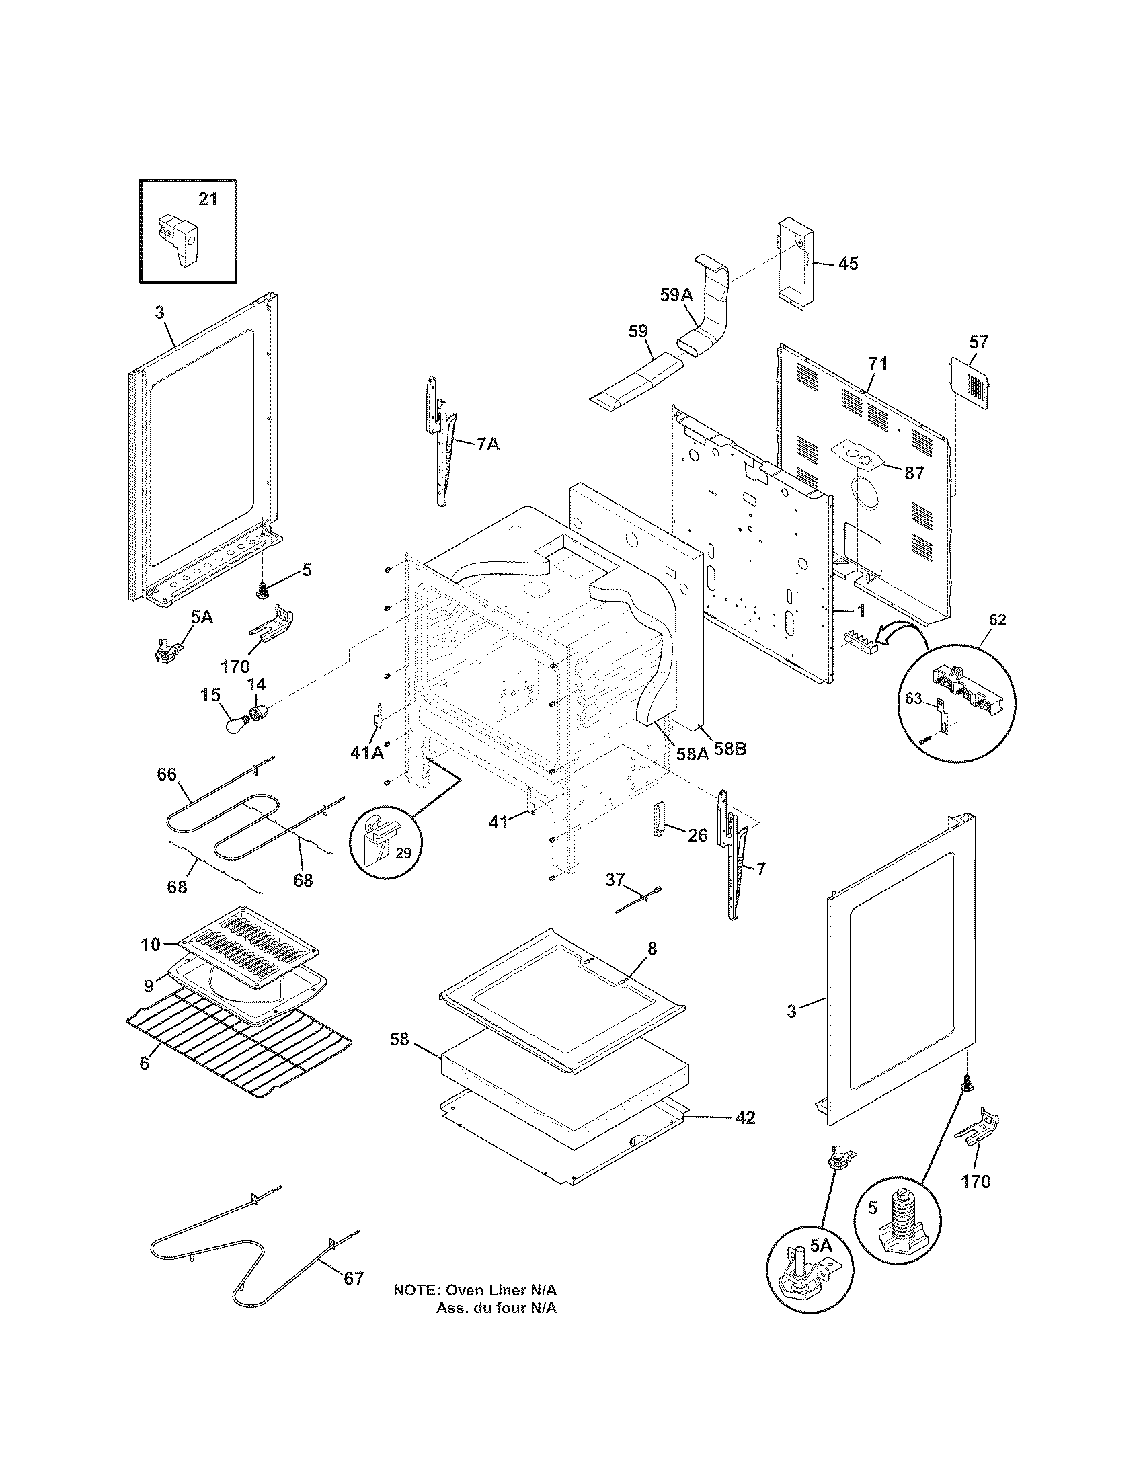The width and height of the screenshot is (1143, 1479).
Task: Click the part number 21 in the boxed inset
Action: tap(208, 199)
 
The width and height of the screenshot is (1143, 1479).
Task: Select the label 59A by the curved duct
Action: tap(676, 294)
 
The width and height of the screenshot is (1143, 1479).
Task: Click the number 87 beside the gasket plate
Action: tap(914, 473)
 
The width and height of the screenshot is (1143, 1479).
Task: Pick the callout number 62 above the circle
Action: tap(997, 620)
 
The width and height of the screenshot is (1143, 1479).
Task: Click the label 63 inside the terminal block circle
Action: tap(914, 699)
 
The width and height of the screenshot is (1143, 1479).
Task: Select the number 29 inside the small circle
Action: tap(403, 853)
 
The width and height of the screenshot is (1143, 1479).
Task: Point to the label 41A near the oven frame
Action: tap(366, 752)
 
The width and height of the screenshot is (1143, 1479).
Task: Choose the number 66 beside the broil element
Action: tap(167, 774)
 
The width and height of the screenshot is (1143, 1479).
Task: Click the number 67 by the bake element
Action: tap(354, 1278)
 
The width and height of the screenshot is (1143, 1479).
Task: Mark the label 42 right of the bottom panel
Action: tap(745, 1117)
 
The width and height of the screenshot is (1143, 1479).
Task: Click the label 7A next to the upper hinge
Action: tap(487, 444)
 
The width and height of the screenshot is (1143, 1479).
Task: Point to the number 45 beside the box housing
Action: tap(848, 263)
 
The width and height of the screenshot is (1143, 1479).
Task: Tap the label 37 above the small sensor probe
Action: tap(614, 880)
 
